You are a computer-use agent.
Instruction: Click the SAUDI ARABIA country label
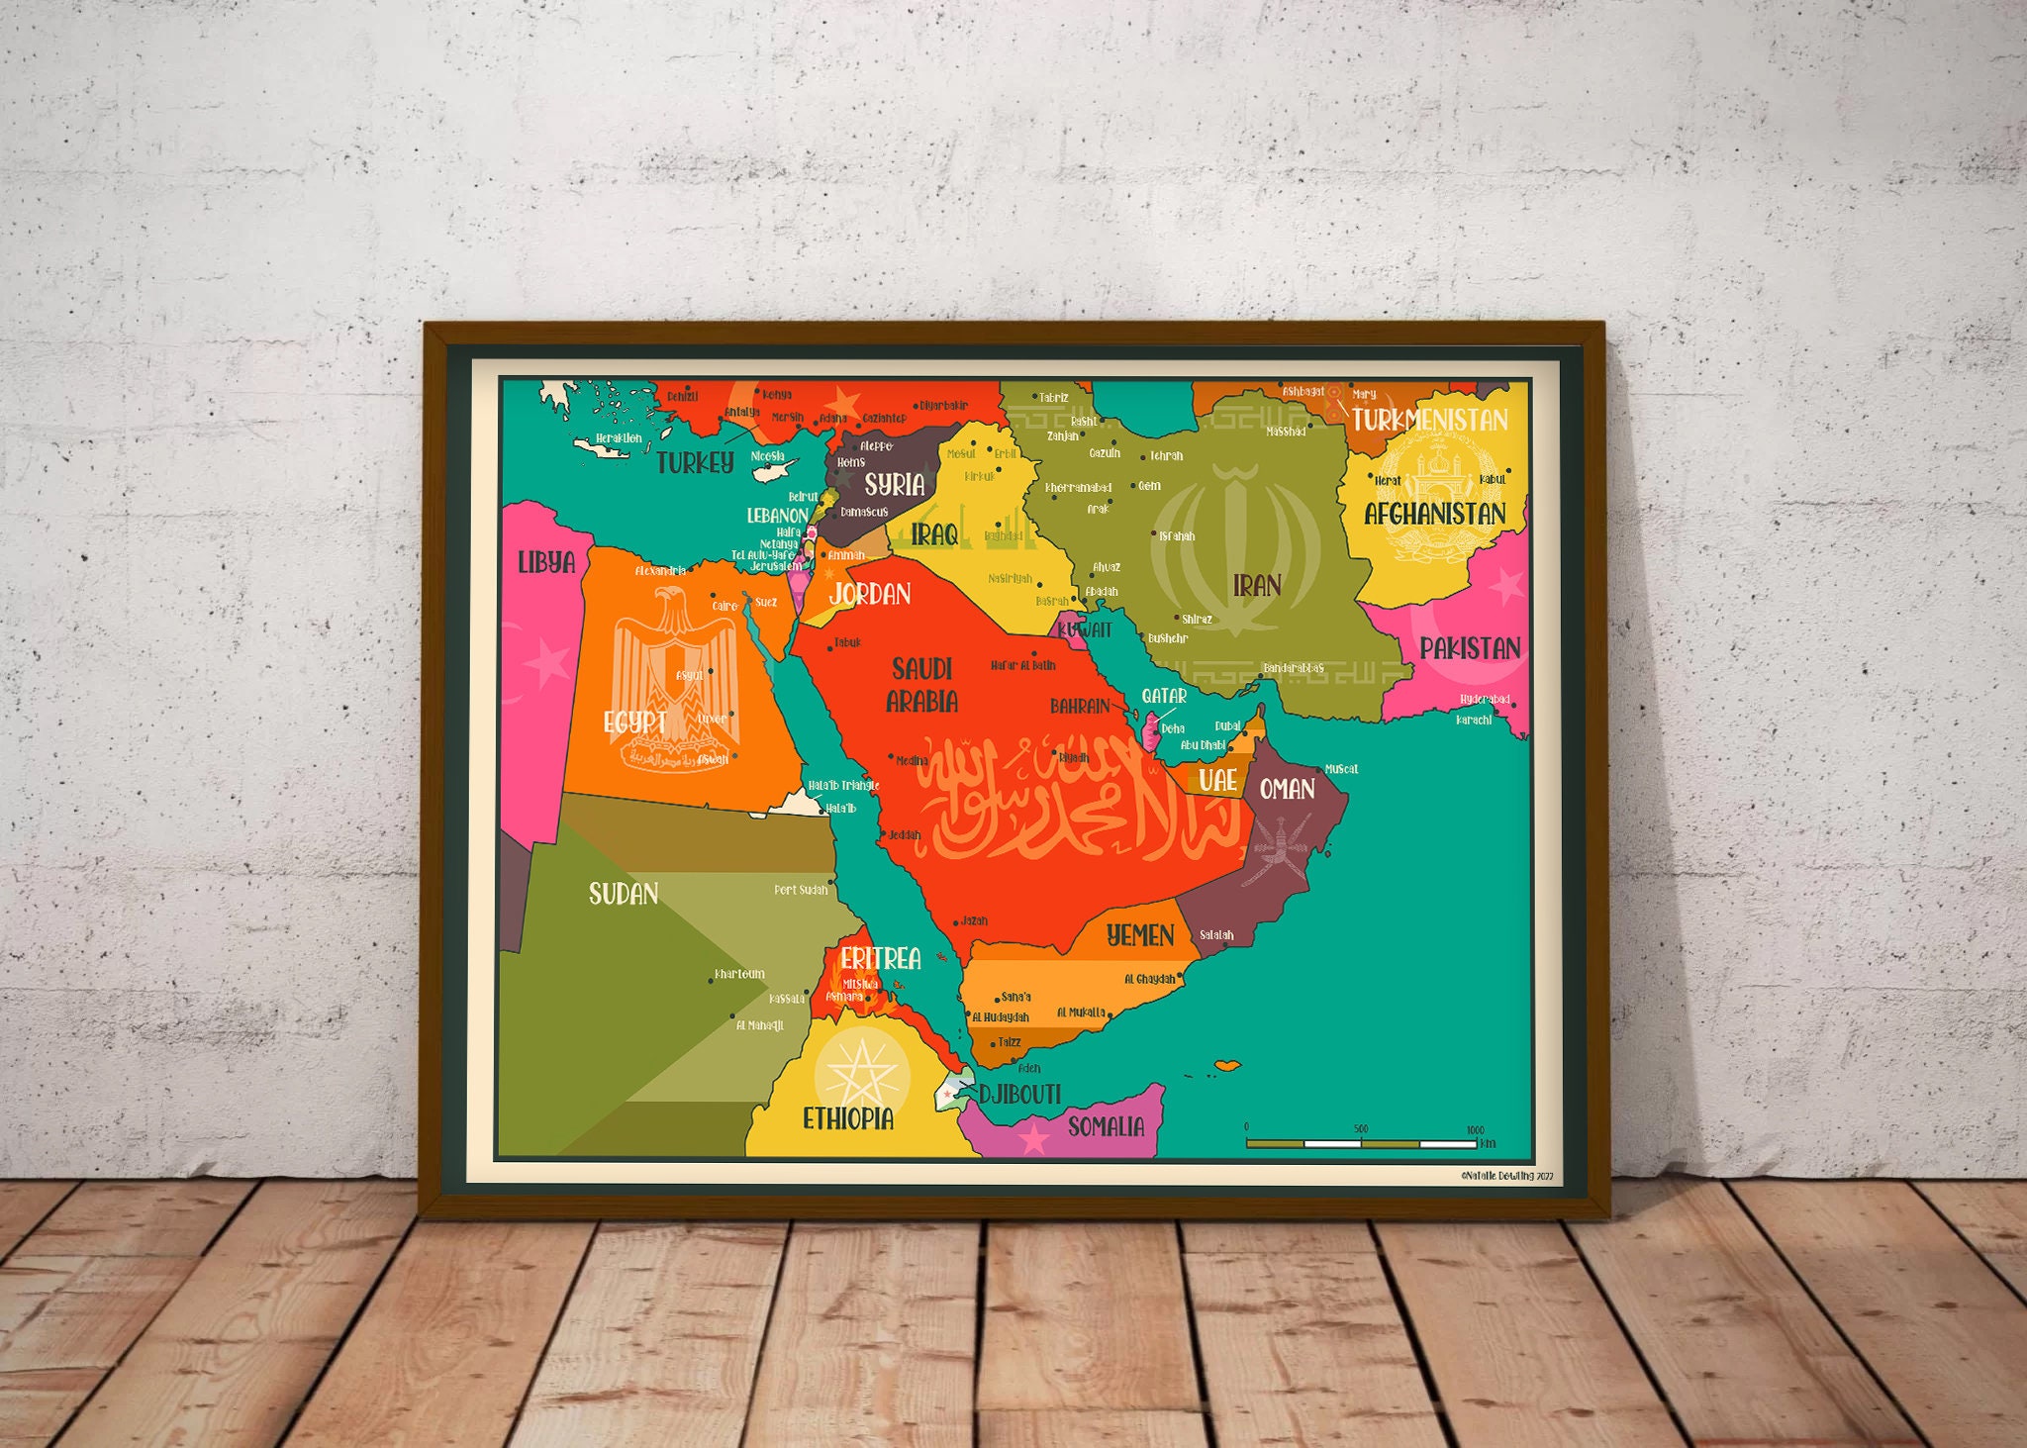[x=921, y=685]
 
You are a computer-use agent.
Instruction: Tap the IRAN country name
[x=1257, y=586]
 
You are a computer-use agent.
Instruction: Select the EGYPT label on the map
[x=634, y=722]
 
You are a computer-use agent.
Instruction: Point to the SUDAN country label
[x=624, y=894]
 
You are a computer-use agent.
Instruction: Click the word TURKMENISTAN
[x=1430, y=420]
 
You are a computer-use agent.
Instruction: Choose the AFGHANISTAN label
[x=1435, y=514]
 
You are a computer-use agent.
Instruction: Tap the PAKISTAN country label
[x=1470, y=648]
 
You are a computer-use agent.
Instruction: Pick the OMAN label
[x=1287, y=789]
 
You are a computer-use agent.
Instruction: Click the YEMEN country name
[x=1140, y=935]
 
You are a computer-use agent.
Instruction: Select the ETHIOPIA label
[x=848, y=1118]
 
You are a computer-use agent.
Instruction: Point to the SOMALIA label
[x=1106, y=1126]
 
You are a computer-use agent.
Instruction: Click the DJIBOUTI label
[x=1019, y=1094]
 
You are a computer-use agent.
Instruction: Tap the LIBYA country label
[x=546, y=562]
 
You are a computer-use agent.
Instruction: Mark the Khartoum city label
[x=740, y=974]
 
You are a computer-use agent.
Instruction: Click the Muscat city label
[x=1341, y=769]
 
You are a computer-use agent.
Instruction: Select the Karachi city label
[x=1474, y=720]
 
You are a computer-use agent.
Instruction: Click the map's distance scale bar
[x=1361, y=1143]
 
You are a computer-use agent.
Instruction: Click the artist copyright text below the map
[x=1506, y=1176]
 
